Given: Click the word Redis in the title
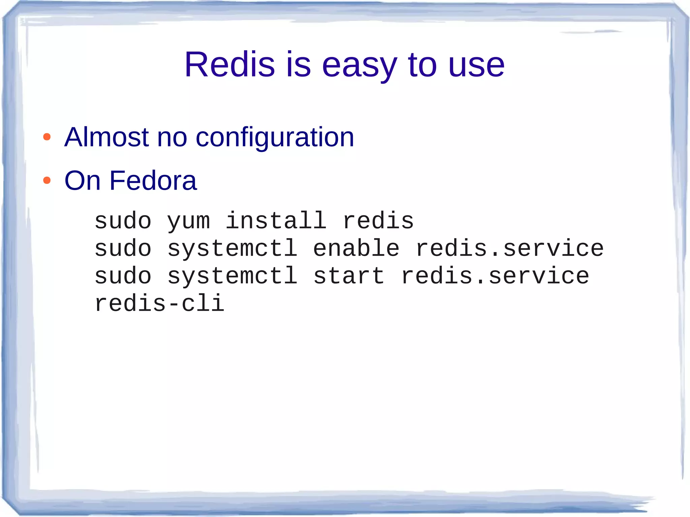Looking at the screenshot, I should coord(229,64).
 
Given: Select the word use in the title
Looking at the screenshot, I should coord(476,66).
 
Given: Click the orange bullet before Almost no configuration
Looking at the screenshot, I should coord(47,137).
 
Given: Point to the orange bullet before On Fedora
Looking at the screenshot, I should coord(47,181).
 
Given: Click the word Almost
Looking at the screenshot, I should coord(106,137).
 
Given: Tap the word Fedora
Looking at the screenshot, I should coord(153,181).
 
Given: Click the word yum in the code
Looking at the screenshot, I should coord(189,222).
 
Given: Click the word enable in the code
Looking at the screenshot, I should coord(356,248).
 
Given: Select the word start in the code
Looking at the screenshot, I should coord(349,276).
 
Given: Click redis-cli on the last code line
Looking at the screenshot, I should coord(159,303).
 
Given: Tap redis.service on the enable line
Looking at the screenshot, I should coord(509,248).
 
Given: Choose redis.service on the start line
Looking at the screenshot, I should coord(495,276).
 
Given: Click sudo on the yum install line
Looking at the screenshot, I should coord(123,221).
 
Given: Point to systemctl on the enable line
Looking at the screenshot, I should coord(232,248).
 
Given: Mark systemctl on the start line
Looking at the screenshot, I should coord(232,276).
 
